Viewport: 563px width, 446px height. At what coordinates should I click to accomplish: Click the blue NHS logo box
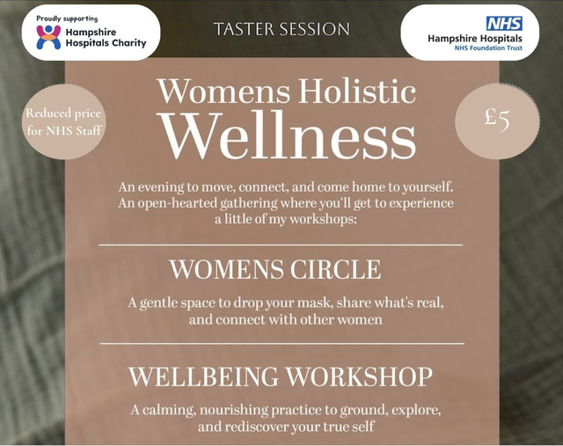504,24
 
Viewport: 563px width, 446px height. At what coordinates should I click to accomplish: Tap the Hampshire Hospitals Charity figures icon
48,37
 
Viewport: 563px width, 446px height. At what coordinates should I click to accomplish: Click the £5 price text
498,118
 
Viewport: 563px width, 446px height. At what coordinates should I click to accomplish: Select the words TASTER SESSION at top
281,29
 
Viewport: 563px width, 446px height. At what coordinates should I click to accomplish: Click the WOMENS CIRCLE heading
275,268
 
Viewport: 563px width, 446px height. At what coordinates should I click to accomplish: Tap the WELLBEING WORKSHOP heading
281,376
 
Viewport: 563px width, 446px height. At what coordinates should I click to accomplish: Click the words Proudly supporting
68,18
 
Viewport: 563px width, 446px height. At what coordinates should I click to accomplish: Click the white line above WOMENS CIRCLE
280,245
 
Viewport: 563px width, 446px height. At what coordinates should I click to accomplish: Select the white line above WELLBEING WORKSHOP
281,343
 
